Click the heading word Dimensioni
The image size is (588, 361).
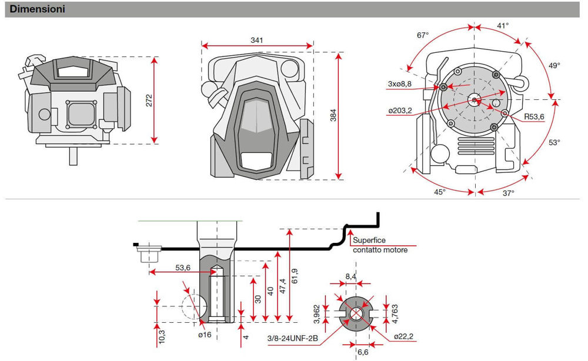(38, 9)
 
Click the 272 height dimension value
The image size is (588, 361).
(149, 100)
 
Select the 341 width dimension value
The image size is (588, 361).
(256, 40)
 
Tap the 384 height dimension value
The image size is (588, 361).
(333, 116)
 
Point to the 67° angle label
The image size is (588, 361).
(423, 35)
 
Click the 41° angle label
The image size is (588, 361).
(503, 26)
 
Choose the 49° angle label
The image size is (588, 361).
(554, 66)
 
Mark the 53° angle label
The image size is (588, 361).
(554, 142)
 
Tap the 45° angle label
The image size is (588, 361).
(440, 192)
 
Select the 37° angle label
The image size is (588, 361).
(507, 192)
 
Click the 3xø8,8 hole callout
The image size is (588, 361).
(400, 84)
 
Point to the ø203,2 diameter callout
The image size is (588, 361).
(400, 110)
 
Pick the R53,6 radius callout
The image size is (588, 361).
(534, 117)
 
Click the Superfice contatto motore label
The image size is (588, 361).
(380, 245)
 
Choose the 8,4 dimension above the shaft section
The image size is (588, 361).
(351, 276)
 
